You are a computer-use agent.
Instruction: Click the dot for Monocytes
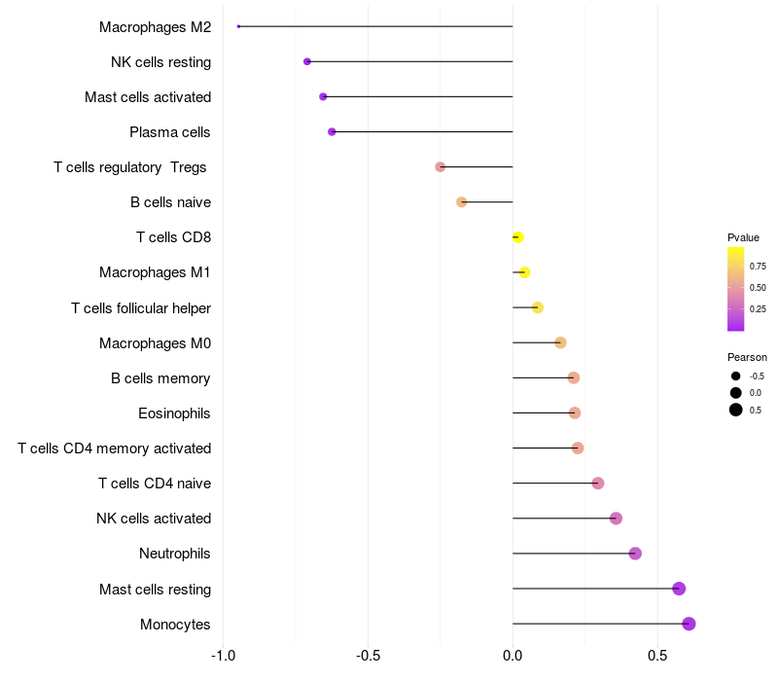pyautogui.click(x=689, y=624)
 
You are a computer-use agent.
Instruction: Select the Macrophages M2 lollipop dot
pyautogui.click(x=238, y=26)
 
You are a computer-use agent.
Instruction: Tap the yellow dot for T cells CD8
pyautogui.click(x=517, y=237)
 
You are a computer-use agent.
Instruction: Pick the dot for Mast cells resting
pyautogui.click(x=679, y=589)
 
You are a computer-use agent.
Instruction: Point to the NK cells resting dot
pyautogui.click(x=307, y=61)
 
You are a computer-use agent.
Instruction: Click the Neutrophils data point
pyautogui.click(x=635, y=554)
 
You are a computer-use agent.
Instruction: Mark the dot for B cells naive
pyautogui.click(x=462, y=202)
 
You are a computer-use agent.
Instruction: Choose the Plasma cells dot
pyautogui.click(x=332, y=131)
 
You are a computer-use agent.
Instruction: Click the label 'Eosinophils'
pyautogui.click(x=174, y=413)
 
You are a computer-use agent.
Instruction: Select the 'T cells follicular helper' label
pyautogui.click(x=141, y=308)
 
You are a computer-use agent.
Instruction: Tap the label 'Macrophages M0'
pyautogui.click(x=155, y=343)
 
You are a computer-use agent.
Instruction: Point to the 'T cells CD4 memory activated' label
pyautogui.click(x=115, y=448)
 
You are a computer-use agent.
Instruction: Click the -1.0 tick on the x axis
pyautogui.click(x=223, y=655)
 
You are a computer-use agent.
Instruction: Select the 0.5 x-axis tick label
pyautogui.click(x=657, y=655)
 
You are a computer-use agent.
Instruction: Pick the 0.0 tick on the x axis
pyautogui.click(x=513, y=655)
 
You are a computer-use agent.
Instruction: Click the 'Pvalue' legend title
pyautogui.click(x=743, y=237)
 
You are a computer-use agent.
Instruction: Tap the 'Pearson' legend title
pyautogui.click(x=747, y=357)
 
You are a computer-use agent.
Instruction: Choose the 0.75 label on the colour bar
pyautogui.click(x=758, y=266)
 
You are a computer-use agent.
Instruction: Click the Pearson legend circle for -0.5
pyautogui.click(x=736, y=376)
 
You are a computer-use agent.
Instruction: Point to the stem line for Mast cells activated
pyautogui.click(x=418, y=96)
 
